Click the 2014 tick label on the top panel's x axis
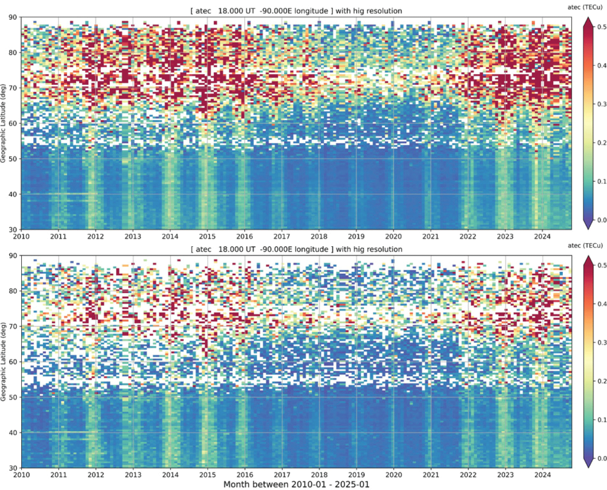[170, 236]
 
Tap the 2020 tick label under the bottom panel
[394, 475]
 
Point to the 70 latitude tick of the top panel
[13, 88]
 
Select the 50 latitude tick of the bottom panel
[13, 397]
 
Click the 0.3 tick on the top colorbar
[602, 104]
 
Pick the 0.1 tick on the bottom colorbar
[602, 420]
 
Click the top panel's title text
[296, 11]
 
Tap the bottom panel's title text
[296, 249]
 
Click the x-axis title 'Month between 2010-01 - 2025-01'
[296, 484]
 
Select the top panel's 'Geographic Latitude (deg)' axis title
[3, 123]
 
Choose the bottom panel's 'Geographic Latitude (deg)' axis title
[3, 362]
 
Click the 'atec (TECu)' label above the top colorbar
[585, 7]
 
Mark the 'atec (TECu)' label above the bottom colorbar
[585, 246]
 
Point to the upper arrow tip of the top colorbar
[588, 17]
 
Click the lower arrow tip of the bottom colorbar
[588, 467]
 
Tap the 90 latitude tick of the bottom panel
[13, 256]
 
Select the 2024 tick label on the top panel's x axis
[542, 236]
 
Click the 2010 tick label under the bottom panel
[21, 475]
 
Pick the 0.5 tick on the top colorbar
[602, 27]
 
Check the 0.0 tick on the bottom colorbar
[602, 458]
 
